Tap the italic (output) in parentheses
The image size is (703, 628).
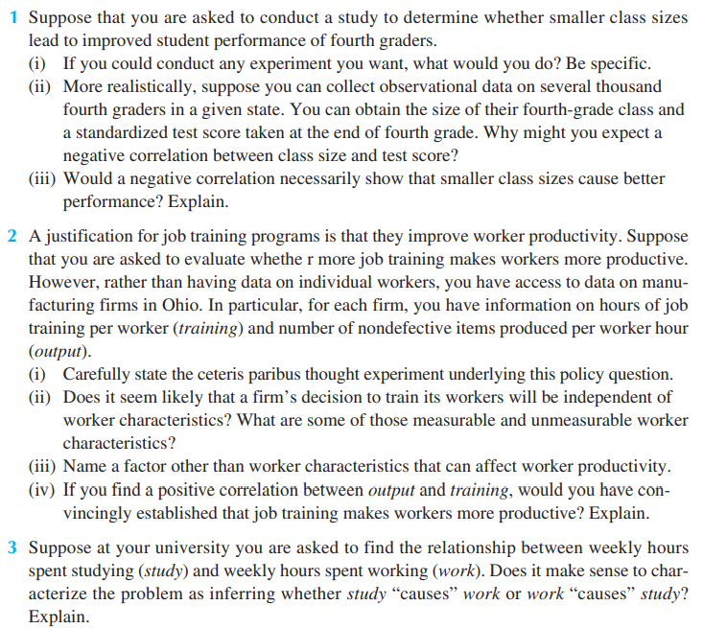point(56,352)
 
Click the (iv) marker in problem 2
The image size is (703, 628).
point(42,490)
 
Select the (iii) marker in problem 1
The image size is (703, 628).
point(44,179)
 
